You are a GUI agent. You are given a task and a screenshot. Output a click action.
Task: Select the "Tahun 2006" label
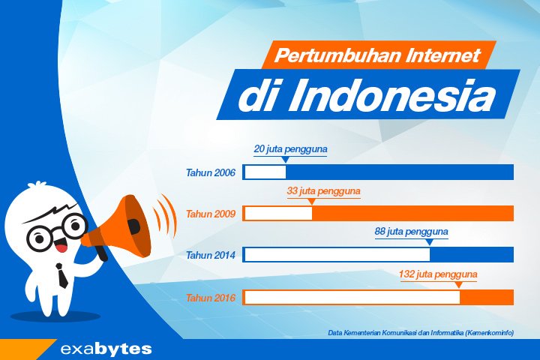211,173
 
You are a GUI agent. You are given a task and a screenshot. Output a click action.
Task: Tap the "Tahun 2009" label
211,214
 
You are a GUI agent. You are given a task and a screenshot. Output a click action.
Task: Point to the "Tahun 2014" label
211,255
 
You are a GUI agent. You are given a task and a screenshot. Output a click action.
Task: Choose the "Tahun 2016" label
211,298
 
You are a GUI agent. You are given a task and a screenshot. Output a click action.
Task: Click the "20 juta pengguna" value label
290,149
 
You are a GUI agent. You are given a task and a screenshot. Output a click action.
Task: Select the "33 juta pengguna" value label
323,191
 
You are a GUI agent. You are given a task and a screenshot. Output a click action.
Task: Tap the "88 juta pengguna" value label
411,232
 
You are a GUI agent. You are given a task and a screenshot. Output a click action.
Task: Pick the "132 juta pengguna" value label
438,274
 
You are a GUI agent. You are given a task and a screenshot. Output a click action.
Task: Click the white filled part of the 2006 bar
265,172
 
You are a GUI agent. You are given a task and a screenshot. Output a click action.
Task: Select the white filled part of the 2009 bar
277,214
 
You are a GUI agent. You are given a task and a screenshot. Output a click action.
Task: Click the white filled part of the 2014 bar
337,255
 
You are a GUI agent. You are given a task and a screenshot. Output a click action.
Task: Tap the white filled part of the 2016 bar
352,298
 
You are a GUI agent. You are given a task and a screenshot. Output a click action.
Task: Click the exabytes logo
106,349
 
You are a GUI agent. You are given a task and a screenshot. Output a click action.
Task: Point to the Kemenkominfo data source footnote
421,332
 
